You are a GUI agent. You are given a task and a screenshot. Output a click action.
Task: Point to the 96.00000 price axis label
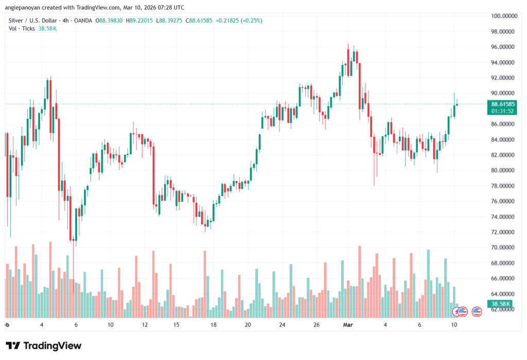pyautogui.click(x=504, y=47)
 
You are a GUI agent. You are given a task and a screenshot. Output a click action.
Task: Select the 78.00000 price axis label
pyautogui.click(x=504, y=186)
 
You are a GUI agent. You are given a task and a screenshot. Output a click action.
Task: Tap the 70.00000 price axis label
pyautogui.click(x=504, y=248)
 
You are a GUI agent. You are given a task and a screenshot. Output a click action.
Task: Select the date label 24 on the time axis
pyautogui.click(x=282, y=325)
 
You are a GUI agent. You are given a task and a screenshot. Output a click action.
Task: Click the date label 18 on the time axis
pyautogui.click(x=213, y=325)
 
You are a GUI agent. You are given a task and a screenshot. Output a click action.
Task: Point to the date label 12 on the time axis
pyautogui.click(x=145, y=325)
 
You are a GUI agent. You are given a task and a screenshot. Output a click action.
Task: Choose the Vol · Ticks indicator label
pyautogui.click(x=22, y=29)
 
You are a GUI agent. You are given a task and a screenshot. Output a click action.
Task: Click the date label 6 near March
pyautogui.click(x=420, y=325)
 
